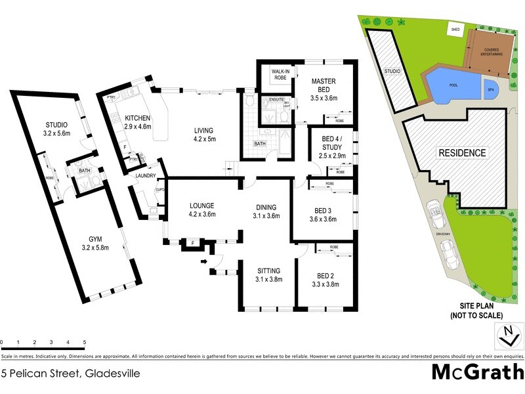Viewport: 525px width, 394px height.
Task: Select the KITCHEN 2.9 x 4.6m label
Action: pos(138,122)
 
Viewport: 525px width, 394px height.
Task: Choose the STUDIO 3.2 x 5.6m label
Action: pos(56,129)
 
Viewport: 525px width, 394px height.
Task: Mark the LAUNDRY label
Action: pos(145,175)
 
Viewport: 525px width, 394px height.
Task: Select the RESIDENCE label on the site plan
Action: pos(463,154)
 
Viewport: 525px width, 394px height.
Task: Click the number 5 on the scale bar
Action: pos(85,342)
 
